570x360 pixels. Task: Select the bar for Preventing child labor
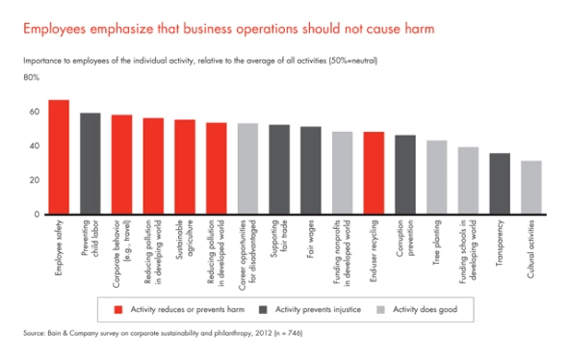click(91, 164)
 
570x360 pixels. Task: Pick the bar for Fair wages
click(310, 170)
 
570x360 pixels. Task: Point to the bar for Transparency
click(499, 184)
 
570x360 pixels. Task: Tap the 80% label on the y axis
click(31, 77)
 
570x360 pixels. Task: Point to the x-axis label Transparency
click(500, 242)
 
